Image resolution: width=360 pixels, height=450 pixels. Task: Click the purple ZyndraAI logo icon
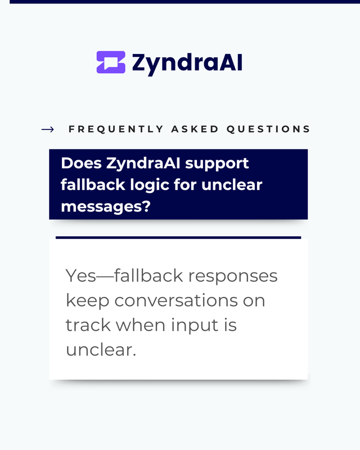(111, 62)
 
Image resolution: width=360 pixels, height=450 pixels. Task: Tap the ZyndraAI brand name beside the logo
(187, 64)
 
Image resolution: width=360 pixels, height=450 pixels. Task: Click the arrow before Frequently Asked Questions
(48, 129)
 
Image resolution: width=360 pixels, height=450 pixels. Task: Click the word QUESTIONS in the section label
(268, 129)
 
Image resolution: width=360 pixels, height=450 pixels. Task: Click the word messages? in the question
(106, 206)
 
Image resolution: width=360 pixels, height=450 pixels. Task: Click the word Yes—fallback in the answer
(124, 276)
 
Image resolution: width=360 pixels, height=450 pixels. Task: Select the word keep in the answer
(88, 301)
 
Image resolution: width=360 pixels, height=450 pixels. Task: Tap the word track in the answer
(88, 325)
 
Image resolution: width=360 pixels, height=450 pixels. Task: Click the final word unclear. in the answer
(101, 350)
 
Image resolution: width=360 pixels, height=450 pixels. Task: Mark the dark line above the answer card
(178, 237)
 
